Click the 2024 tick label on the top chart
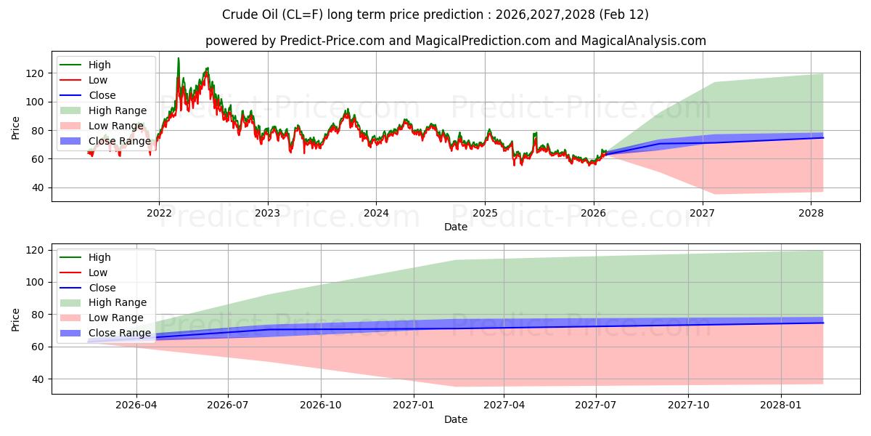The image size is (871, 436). pyautogui.click(x=376, y=213)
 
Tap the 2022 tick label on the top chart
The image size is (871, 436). pyautogui.click(x=159, y=213)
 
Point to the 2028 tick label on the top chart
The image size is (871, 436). pyautogui.click(x=811, y=213)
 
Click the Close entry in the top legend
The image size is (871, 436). pyautogui.click(x=102, y=95)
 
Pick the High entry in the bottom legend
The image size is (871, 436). pyautogui.click(x=99, y=257)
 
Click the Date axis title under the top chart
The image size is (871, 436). pyautogui.click(x=455, y=227)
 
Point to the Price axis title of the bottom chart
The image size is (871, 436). pyautogui.click(x=16, y=319)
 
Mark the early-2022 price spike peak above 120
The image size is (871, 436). pyautogui.click(x=179, y=58)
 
